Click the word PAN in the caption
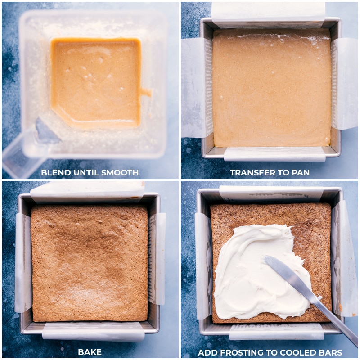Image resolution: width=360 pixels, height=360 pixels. [x=301, y=172]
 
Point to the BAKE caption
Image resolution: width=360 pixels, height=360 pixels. [x=90, y=352]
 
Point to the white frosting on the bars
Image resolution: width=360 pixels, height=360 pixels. [x=255, y=271]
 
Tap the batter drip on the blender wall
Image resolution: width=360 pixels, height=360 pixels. [x=146, y=92]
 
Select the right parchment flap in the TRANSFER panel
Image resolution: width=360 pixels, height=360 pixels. [x=344, y=84]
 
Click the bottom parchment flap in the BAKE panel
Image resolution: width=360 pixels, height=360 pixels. [x=94, y=331]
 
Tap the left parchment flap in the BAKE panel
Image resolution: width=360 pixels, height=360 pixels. [x=23, y=262]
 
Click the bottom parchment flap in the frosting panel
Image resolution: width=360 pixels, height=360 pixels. [x=277, y=332]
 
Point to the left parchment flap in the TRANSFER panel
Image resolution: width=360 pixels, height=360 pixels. [x=197, y=88]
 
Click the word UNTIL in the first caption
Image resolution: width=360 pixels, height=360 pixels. [x=86, y=172]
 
